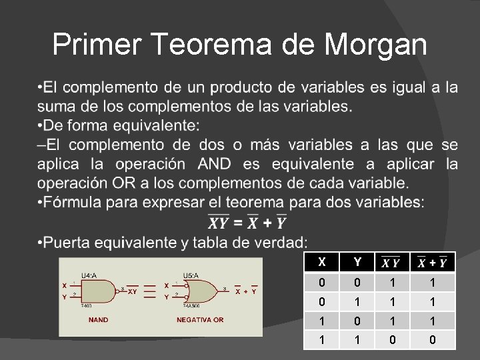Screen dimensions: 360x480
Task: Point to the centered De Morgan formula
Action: click(x=247, y=221)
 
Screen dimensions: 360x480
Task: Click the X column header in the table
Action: click(x=323, y=262)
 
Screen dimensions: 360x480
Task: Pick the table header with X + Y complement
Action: click(x=432, y=263)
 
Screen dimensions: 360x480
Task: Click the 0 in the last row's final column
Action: click(x=432, y=339)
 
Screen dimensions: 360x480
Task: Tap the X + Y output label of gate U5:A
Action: click(x=245, y=291)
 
